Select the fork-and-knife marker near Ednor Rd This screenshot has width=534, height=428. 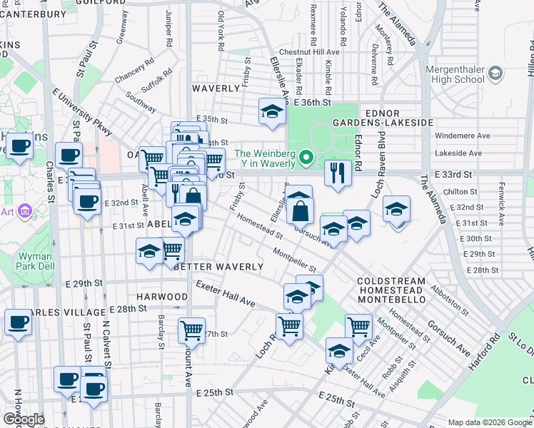(337, 172)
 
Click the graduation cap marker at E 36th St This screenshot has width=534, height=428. (271, 111)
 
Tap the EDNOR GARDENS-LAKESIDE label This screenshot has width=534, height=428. (398, 118)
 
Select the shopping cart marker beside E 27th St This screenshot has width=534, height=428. (191, 330)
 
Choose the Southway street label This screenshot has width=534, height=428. (140, 103)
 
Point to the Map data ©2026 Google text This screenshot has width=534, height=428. (490, 422)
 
